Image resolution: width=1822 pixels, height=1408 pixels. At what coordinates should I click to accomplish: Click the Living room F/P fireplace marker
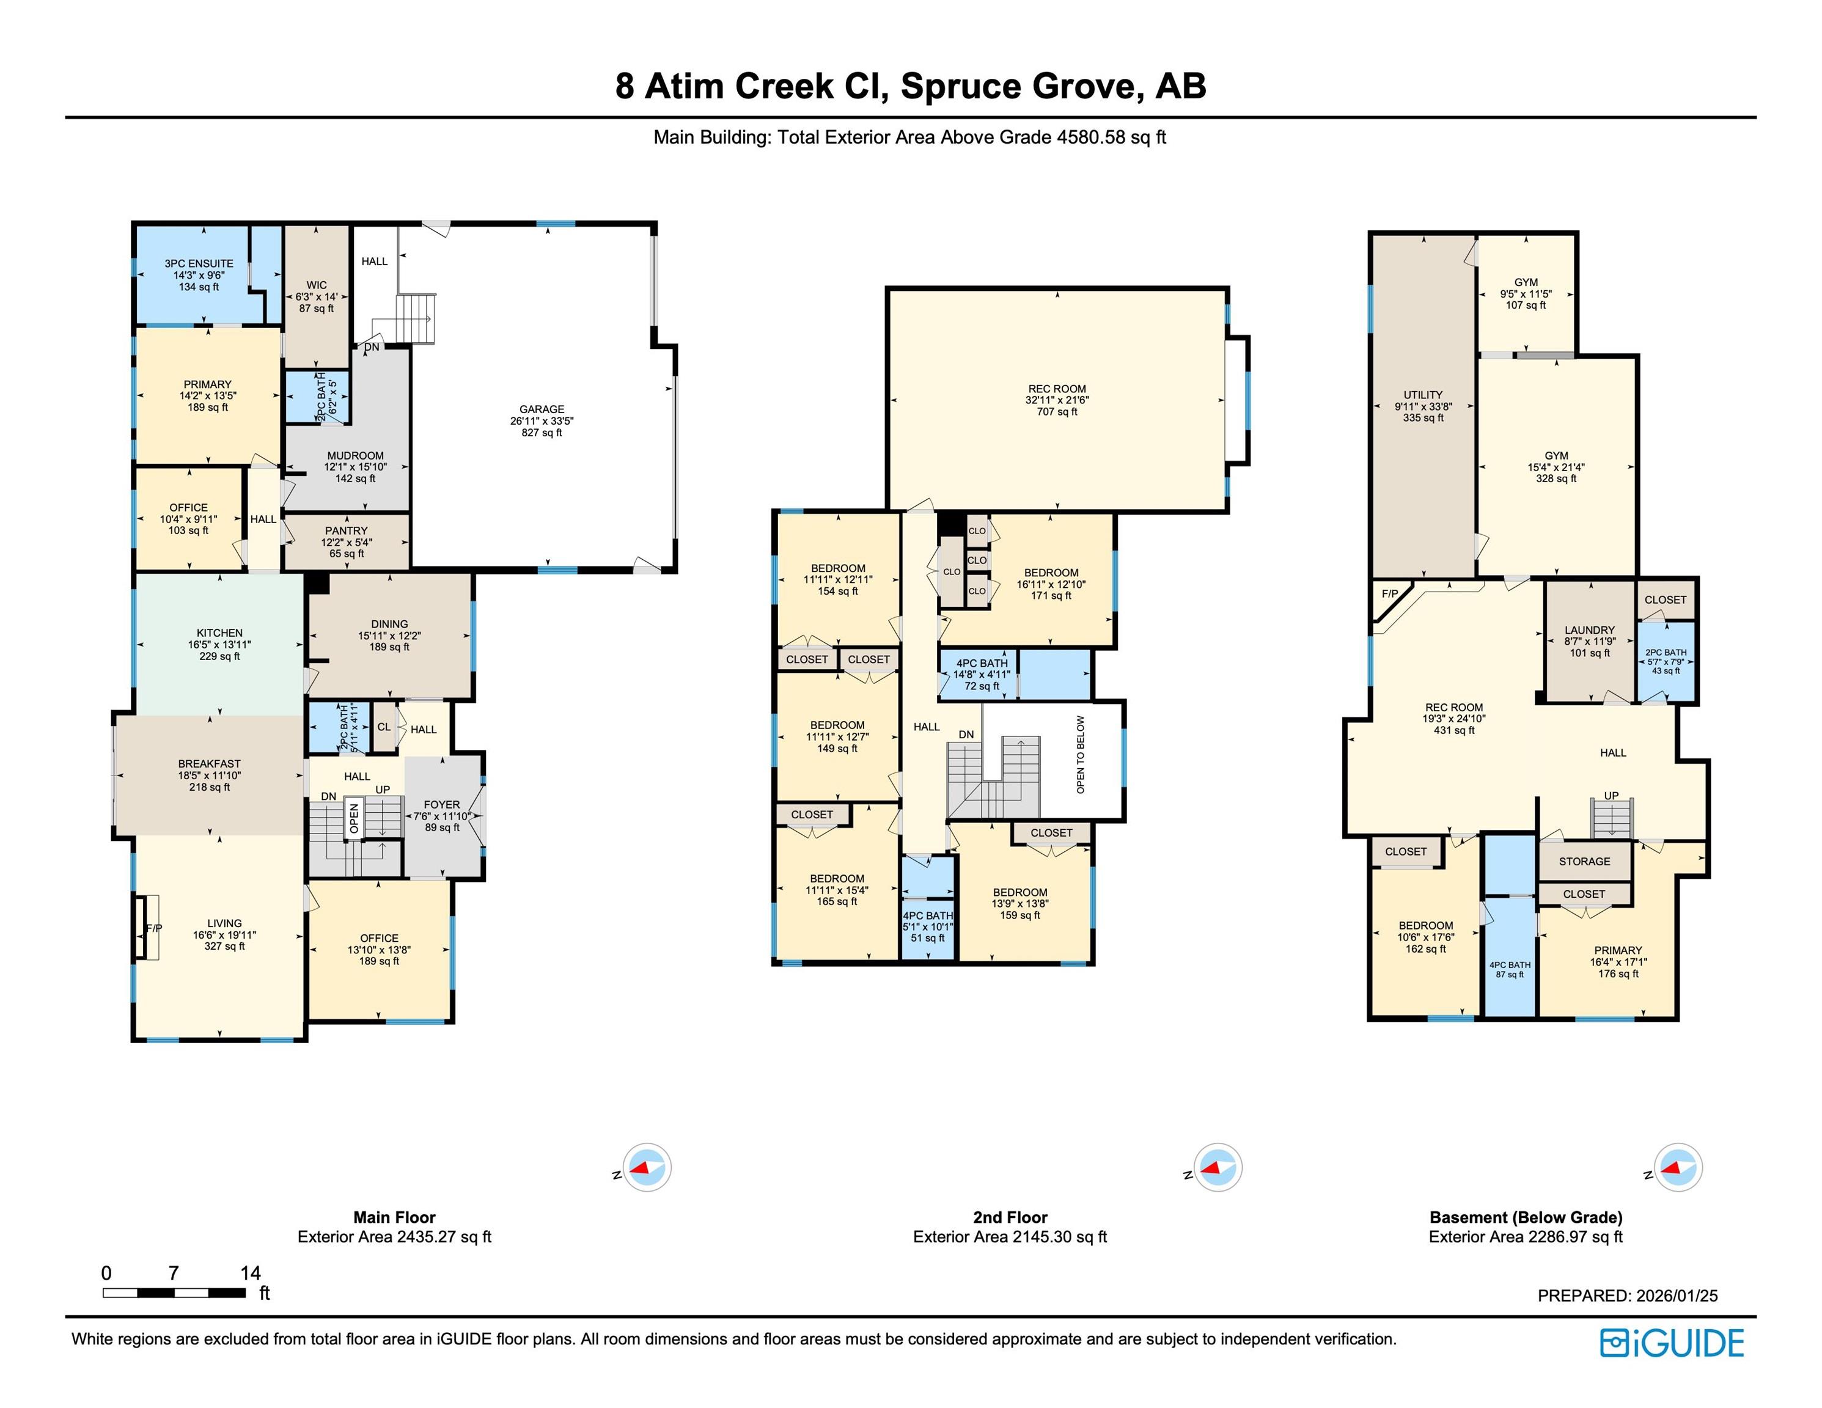(x=153, y=928)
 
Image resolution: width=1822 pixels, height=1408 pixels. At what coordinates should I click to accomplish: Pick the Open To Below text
(x=1081, y=754)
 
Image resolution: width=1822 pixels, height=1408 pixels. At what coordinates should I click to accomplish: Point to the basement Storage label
(x=1585, y=862)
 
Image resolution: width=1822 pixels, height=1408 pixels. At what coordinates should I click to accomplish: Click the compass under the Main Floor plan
(x=647, y=1167)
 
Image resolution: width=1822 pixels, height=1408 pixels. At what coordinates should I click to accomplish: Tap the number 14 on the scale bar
(x=250, y=1273)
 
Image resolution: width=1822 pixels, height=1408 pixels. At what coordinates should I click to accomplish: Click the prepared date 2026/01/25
(x=1677, y=1296)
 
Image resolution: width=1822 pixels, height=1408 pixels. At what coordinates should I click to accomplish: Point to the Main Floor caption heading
(x=395, y=1217)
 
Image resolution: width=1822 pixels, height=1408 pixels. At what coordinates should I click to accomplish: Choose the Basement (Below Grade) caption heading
(x=1526, y=1217)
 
